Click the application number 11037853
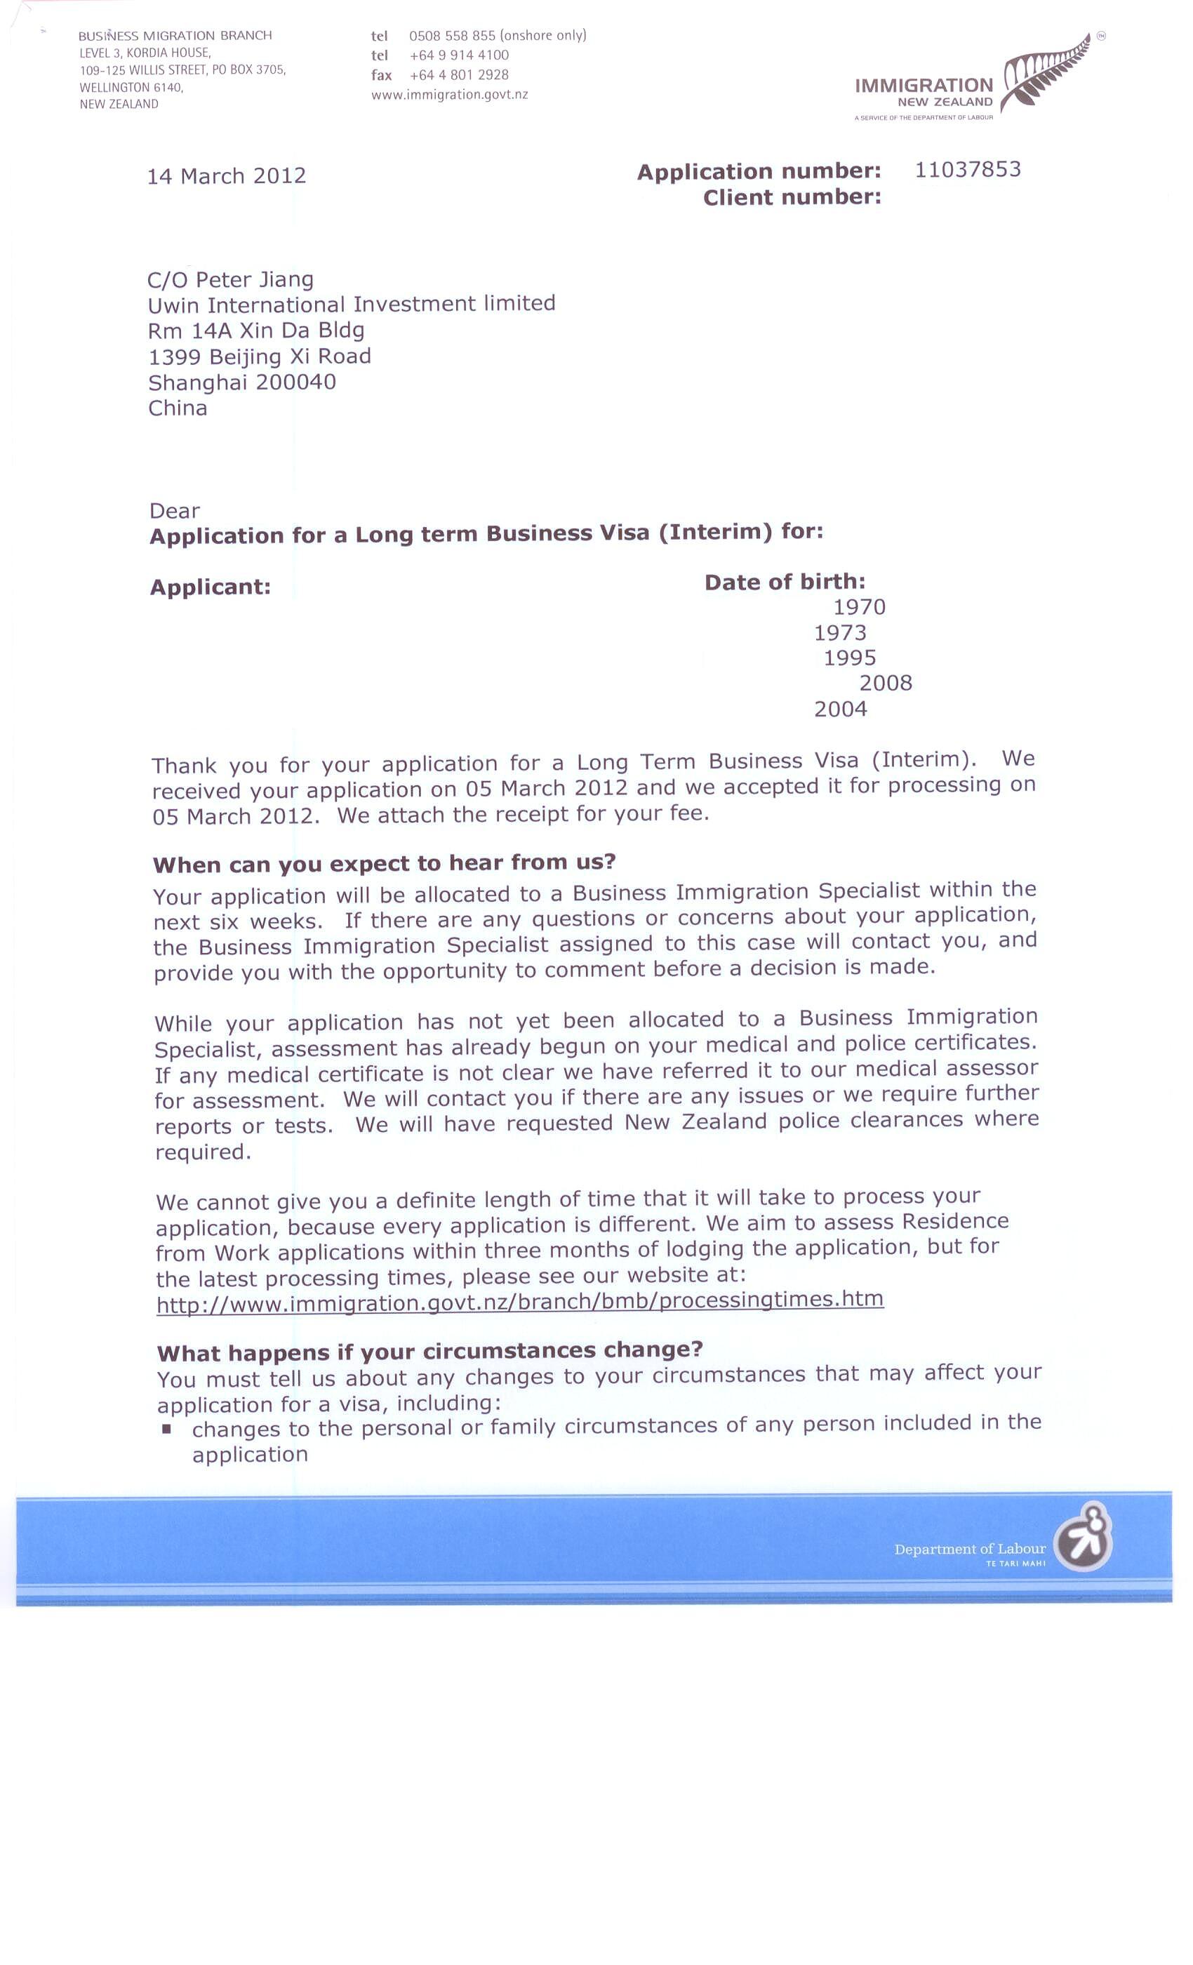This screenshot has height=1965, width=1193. [x=966, y=170]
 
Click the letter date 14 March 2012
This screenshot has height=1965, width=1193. [x=227, y=176]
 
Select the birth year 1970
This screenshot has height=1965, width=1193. [x=859, y=608]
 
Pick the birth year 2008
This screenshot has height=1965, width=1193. [x=885, y=684]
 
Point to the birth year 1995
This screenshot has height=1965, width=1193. [x=849, y=658]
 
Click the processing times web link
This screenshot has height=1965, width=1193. [x=519, y=1303]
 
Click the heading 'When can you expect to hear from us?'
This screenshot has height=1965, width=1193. [x=385, y=863]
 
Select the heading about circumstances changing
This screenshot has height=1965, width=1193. [x=429, y=1351]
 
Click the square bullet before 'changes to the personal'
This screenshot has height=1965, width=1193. [x=167, y=1428]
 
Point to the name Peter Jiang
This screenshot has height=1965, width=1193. [x=254, y=280]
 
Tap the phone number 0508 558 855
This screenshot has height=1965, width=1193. [x=452, y=36]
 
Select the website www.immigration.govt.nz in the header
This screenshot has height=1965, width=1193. [x=449, y=95]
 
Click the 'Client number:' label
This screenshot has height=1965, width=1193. [x=792, y=198]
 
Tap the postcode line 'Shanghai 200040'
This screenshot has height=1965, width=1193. [x=241, y=382]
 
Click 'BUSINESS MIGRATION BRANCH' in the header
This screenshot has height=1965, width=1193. [x=175, y=36]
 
